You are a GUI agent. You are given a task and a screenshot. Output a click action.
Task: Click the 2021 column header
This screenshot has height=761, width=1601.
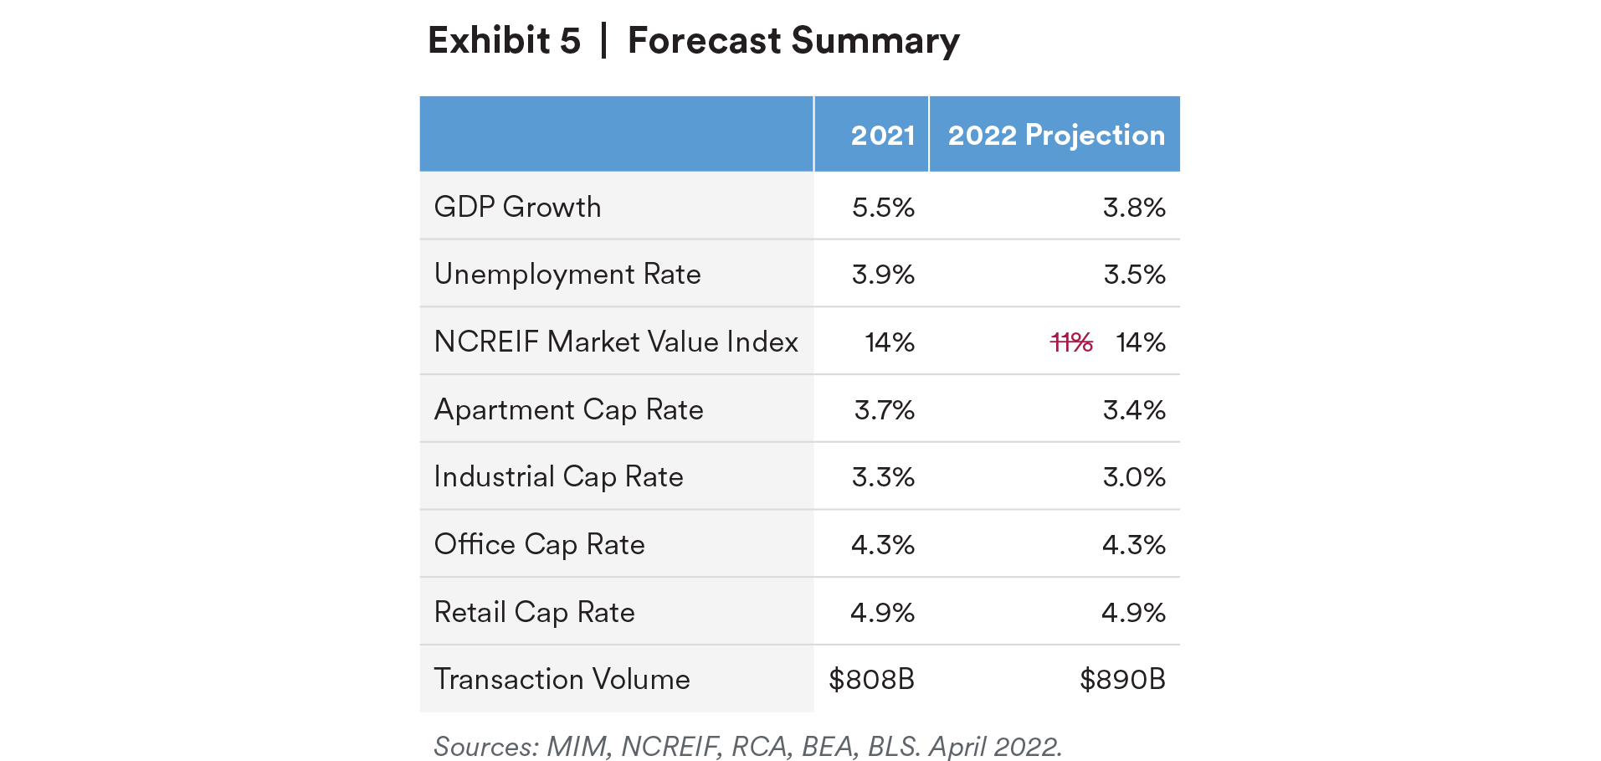[882, 135]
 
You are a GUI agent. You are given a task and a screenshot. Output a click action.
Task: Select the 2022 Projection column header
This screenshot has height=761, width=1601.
[1055, 135]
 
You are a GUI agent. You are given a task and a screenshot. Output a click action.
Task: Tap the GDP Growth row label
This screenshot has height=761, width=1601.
[517, 207]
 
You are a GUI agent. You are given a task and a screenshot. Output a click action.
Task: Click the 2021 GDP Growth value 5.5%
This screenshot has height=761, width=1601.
[883, 208]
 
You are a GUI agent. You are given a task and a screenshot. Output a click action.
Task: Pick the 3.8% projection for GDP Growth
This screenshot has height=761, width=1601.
[1133, 208]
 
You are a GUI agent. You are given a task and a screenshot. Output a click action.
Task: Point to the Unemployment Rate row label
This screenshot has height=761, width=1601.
[567, 275]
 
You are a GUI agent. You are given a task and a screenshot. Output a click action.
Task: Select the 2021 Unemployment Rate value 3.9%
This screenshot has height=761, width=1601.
[883, 275]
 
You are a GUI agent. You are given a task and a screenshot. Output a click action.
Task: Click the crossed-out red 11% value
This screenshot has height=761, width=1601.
[1071, 342]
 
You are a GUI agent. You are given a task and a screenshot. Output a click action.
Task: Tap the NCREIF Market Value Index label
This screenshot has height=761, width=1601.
[616, 342]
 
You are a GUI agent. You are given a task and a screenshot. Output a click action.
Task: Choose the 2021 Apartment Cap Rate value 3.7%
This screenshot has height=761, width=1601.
[884, 410]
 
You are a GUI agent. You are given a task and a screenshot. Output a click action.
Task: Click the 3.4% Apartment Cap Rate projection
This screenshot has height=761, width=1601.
[1133, 410]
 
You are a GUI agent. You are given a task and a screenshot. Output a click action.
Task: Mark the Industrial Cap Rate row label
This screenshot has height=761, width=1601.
[558, 477]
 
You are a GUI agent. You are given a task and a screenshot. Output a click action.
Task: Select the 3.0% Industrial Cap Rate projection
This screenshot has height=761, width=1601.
[1133, 477]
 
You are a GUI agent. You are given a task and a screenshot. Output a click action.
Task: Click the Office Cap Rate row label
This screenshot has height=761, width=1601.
[539, 545]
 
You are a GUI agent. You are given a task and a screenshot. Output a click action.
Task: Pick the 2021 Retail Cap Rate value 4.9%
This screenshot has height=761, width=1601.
[882, 613]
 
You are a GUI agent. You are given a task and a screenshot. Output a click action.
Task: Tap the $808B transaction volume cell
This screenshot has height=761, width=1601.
[871, 679]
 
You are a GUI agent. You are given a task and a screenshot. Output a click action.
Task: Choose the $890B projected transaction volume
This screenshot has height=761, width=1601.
[1122, 679]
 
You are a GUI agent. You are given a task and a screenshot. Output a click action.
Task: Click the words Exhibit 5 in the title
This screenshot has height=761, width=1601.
[504, 40]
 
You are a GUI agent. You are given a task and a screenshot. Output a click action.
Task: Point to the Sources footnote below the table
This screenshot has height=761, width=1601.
[747, 746]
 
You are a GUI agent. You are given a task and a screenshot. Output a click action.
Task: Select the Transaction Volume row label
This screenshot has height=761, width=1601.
[562, 679]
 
